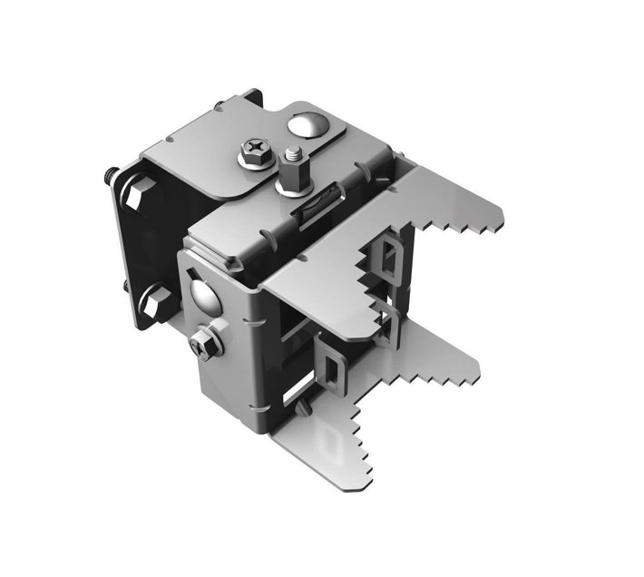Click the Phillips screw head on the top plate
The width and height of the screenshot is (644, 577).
click(x=256, y=150)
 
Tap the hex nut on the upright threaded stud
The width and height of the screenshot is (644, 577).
click(x=293, y=170)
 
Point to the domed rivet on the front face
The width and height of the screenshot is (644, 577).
click(x=203, y=294)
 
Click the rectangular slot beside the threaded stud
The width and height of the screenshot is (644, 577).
click(x=307, y=209)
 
